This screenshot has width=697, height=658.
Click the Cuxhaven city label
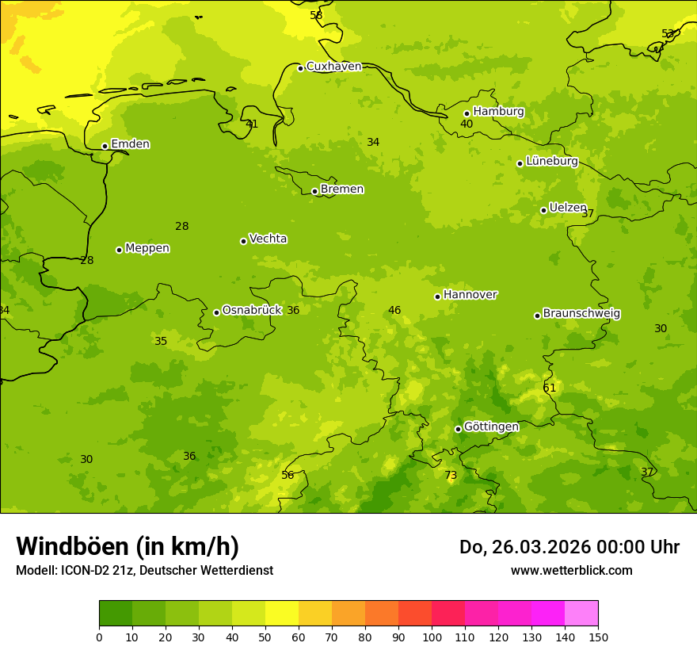click(333, 67)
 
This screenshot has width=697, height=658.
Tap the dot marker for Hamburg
click(467, 113)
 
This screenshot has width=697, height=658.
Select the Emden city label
click(130, 144)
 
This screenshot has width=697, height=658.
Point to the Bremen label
click(342, 189)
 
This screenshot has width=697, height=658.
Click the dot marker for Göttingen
click(458, 429)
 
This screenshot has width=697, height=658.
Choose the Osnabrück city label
click(252, 311)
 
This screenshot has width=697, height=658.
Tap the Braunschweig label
click(581, 314)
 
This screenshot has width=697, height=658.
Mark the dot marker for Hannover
click(437, 296)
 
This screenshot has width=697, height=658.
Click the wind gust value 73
click(451, 476)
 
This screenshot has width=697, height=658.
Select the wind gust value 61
click(550, 388)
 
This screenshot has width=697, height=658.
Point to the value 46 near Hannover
click(394, 311)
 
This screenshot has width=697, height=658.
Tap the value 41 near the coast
click(252, 124)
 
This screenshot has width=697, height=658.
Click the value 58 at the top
click(316, 15)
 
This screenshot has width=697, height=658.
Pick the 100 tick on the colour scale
click(432, 637)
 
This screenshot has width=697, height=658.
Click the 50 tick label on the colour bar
click(265, 637)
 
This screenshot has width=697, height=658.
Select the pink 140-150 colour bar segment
click(581, 614)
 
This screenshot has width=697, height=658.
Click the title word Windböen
click(72, 546)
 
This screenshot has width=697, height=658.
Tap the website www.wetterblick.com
click(571, 570)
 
